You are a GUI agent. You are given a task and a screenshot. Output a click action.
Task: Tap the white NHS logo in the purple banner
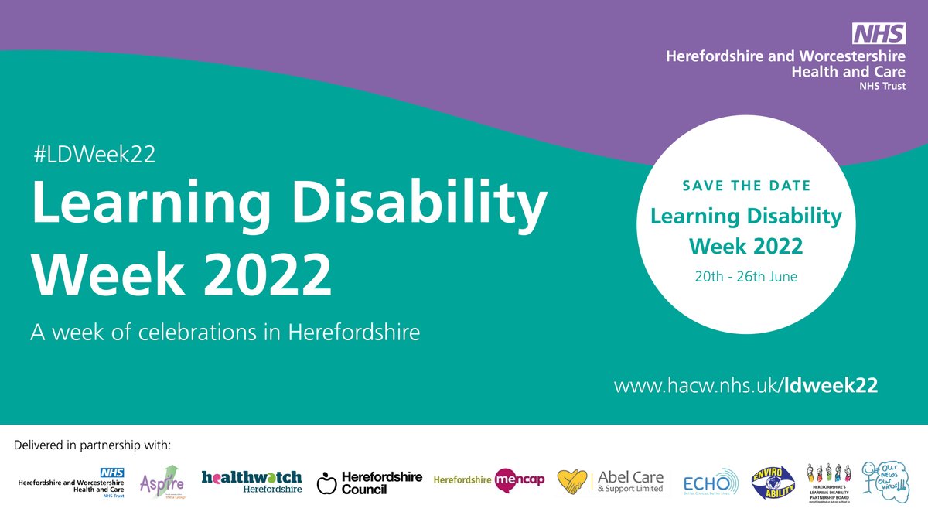coord(879,33)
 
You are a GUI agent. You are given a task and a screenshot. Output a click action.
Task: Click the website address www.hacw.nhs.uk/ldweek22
coord(745,385)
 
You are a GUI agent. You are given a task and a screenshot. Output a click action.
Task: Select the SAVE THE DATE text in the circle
coord(746,186)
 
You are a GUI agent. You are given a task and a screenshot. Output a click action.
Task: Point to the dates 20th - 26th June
coord(746,276)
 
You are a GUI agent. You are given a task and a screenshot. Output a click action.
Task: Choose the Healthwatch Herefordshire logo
coord(251,481)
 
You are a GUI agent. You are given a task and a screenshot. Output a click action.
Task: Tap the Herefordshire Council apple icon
coord(327,484)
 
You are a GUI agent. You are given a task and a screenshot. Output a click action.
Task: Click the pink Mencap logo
coord(520,480)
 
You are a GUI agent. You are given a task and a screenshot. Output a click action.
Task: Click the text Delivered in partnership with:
coord(92,446)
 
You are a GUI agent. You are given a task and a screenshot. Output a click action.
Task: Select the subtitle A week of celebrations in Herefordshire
coord(225,333)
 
